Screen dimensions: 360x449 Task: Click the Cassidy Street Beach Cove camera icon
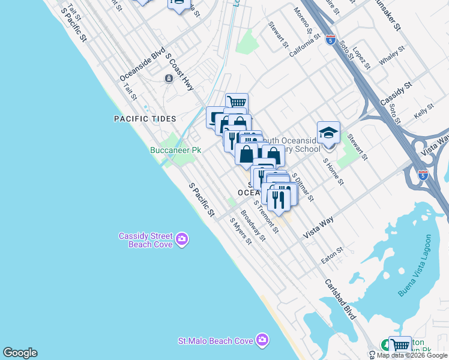click(182, 240)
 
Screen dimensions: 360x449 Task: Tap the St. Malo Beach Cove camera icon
click(262, 340)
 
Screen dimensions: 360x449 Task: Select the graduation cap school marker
click(328, 133)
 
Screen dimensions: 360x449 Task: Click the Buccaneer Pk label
click(175, 150)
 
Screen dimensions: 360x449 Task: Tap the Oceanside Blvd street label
click(142, 65)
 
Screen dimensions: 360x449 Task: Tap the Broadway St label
click(253, 225)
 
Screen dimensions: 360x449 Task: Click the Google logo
click(20, 353)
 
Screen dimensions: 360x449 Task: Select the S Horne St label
click(333, 171)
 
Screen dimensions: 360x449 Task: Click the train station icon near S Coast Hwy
click(169, 79)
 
